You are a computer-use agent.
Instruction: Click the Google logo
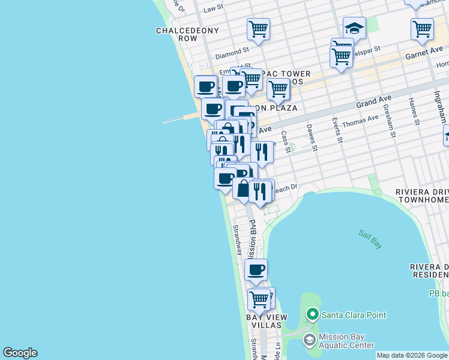(x=20, y=353)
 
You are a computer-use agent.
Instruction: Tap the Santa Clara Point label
(x=354, y=315)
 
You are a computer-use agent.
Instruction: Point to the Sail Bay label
(x=370, y=239)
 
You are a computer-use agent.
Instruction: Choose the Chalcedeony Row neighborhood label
(x=176, y=34)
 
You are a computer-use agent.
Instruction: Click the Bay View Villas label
(x=267, y=320)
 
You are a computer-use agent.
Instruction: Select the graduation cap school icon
(x=354, y=28)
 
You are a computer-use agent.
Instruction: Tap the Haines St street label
(x=414, y=112)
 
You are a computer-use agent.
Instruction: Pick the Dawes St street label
(x=312, y=137)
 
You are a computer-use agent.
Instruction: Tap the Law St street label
(x=213, y=9)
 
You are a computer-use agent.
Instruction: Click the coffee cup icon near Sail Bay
(x=256, y=270)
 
